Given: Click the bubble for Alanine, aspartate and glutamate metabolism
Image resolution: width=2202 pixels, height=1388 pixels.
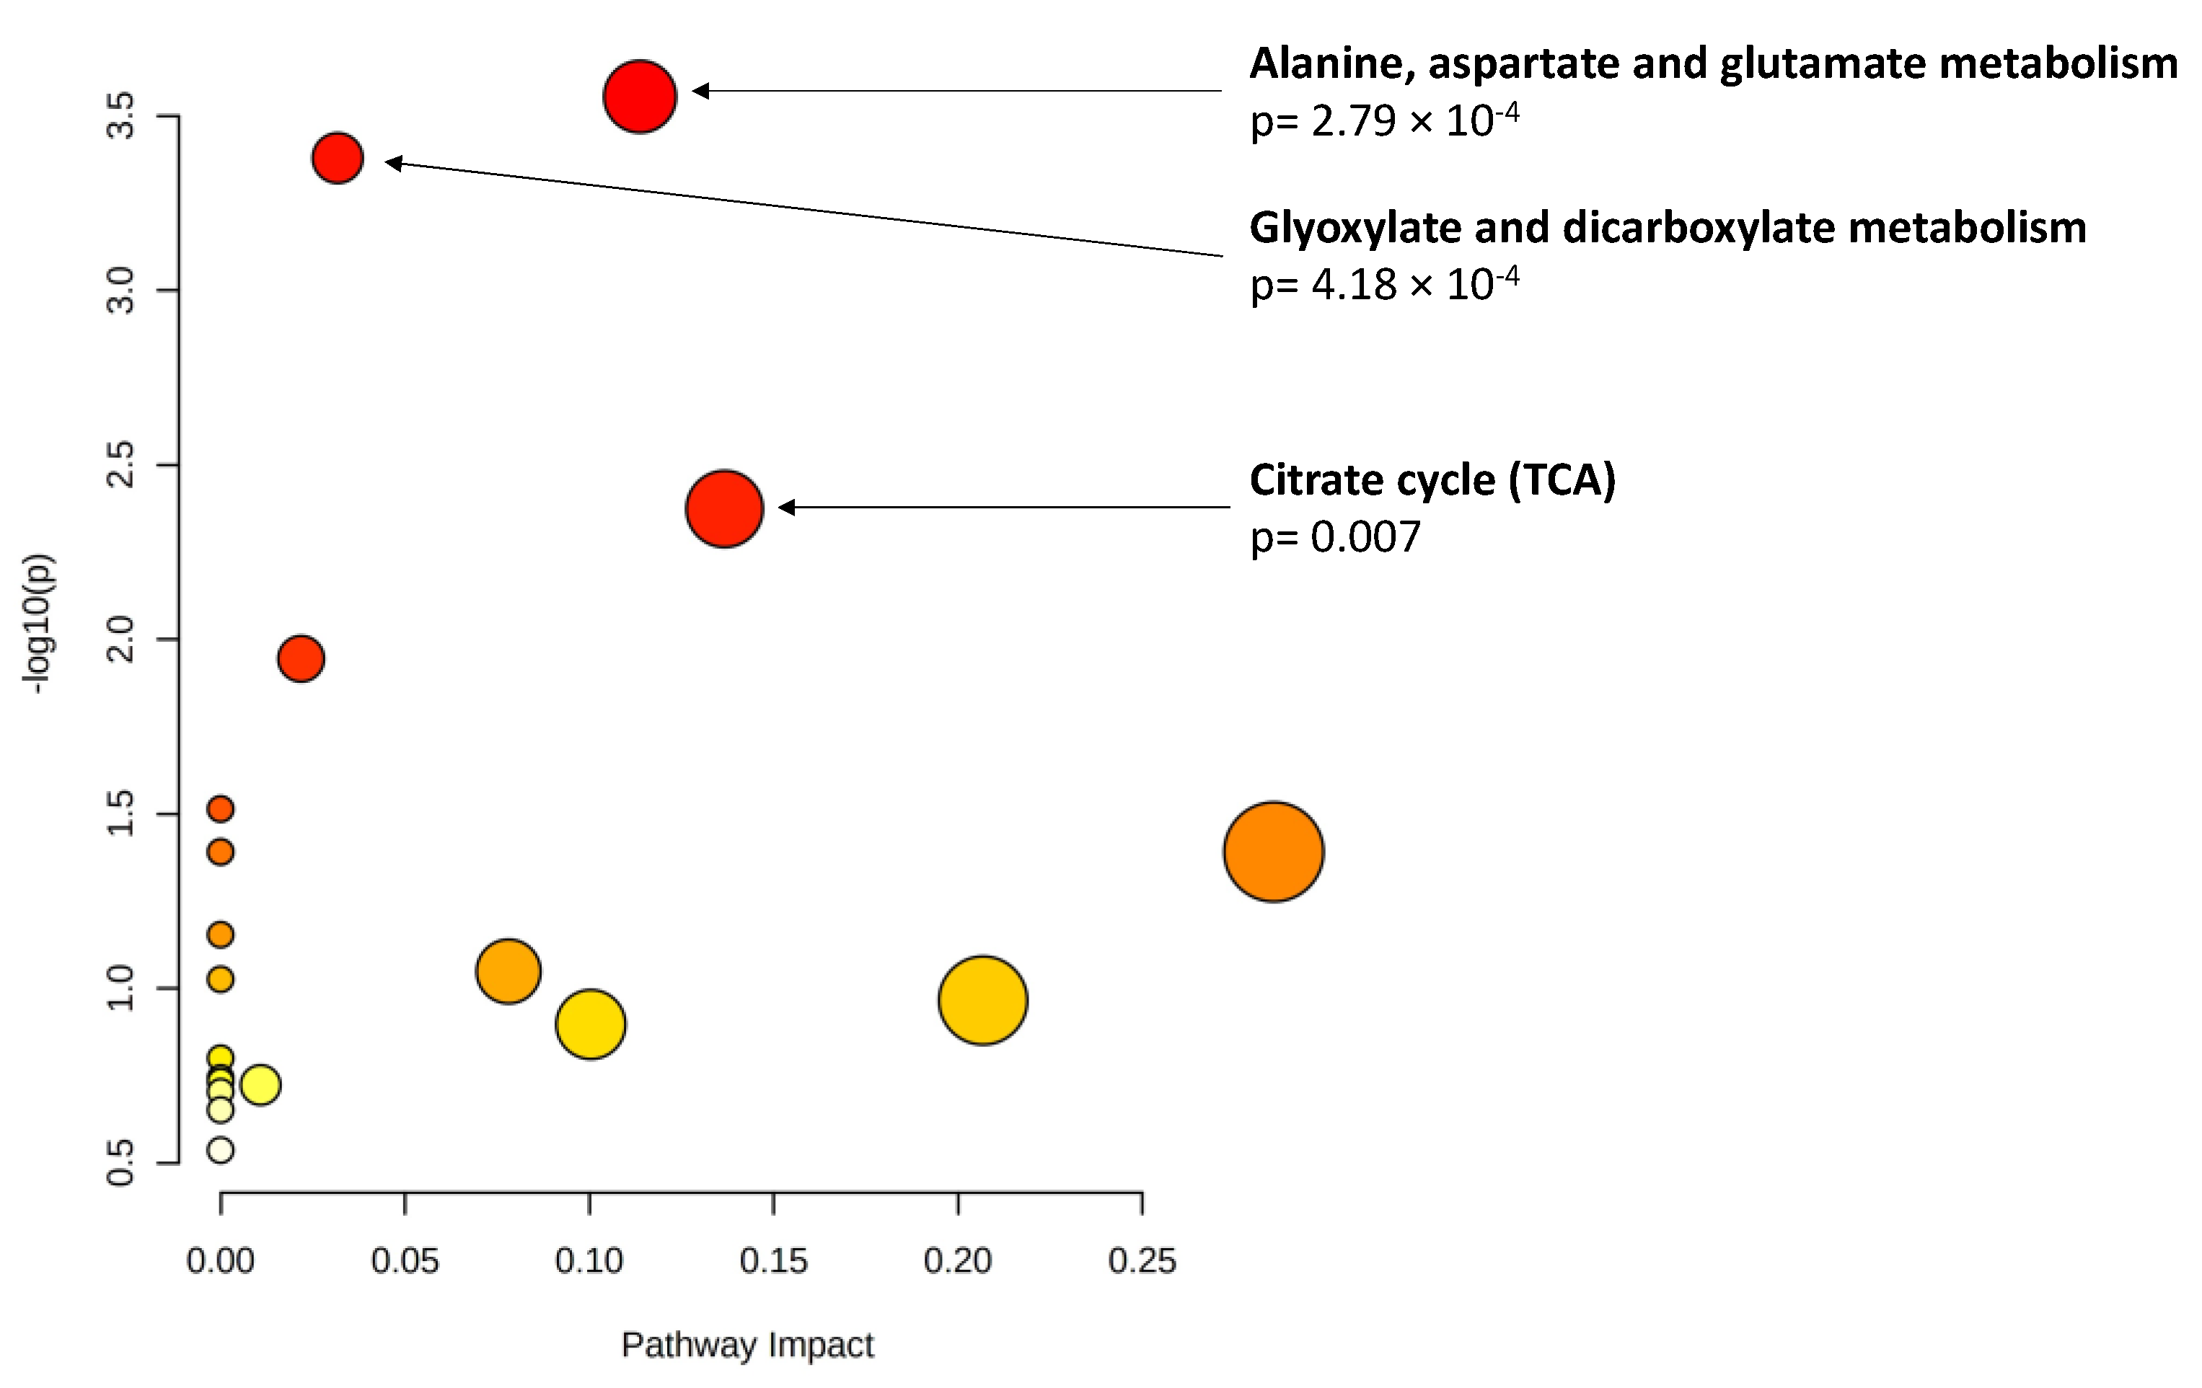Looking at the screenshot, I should click(639, 96).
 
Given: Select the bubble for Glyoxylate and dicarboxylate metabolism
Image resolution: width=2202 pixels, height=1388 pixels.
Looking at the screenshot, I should click(338, 157).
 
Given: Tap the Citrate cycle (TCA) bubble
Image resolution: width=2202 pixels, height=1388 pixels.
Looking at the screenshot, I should click(723, 508).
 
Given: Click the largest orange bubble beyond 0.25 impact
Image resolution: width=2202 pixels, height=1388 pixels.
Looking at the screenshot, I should click(1273, 852).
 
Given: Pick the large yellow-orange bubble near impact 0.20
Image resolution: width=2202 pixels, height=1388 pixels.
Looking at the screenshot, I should click(982, 1000).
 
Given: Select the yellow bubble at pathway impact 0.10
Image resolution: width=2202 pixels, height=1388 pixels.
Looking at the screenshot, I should click(590, 1023).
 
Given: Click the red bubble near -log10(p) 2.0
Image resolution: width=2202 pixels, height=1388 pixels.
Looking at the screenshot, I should click(300, 658).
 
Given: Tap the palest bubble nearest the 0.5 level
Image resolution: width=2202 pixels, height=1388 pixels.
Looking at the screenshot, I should click(221, 1149).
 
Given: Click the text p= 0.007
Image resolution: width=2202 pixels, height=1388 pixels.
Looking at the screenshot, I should click(1335, 536).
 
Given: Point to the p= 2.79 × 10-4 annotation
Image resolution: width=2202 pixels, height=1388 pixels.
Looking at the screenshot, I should click(1383, 120).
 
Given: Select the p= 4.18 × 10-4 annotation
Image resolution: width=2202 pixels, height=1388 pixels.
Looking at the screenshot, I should click(1383, 284).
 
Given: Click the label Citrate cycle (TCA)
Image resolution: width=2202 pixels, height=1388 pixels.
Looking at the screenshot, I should click(1432, 480).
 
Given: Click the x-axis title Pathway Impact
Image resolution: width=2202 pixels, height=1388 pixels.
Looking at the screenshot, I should click(747, 1344).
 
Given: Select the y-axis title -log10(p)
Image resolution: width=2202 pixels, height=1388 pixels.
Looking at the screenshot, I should click(38, 624).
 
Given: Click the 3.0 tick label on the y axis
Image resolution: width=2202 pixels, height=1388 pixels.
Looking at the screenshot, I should click(120, 291).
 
